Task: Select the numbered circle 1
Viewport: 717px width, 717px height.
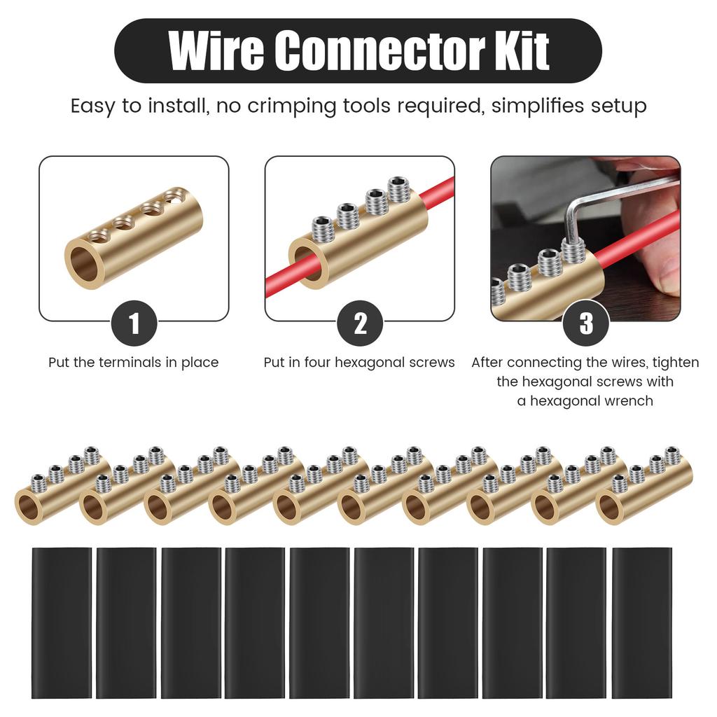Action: point(134,323)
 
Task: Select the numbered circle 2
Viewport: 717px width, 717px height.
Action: point(360,323)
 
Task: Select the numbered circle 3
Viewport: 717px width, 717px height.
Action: point(586,323)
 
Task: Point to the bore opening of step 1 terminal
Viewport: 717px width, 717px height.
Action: point(85,264)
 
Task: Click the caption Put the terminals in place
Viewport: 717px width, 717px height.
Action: point(134,363)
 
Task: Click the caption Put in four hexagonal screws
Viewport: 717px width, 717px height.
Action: point(359,363)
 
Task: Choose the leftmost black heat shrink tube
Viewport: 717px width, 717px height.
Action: point(62,622)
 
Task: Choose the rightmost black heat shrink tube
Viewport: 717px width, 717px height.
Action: point(641,622)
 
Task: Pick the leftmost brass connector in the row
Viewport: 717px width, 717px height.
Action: point(60,490)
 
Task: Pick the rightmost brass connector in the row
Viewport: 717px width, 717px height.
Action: point(644,490)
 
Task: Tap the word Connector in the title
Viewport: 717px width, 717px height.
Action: point(365,50)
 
